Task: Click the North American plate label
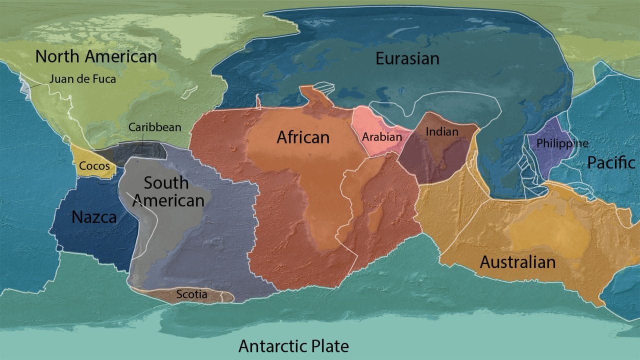pos(96,56)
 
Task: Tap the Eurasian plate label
pos(407,58)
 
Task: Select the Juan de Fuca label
pos(82,79)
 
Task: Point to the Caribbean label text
pos(154,127)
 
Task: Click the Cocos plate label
pos(94,165)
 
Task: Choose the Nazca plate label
pos(94,216)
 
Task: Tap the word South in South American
pos(166,183)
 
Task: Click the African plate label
pos(303,136)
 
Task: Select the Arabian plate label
pos(382,136)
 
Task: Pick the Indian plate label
pos(442,132)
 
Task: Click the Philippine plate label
pos(562,143)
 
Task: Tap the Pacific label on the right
pos(611,162)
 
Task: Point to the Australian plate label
pos(517,261)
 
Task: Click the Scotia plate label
pos(191,294)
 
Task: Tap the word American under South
pos(168,200)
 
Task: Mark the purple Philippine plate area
pos(550,160)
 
